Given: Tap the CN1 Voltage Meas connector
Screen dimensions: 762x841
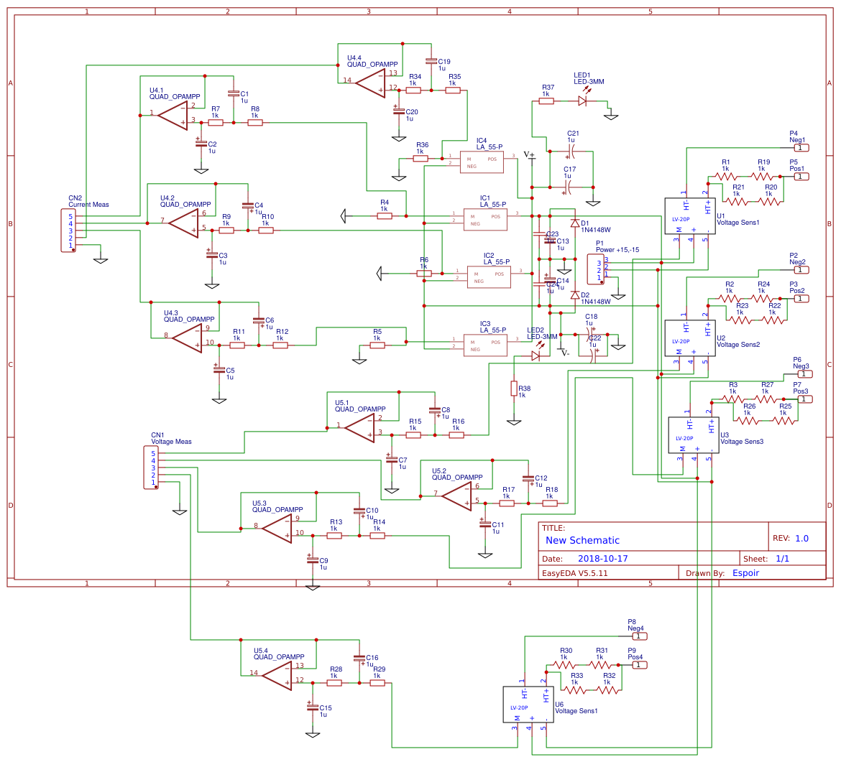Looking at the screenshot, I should [x=152, y=468].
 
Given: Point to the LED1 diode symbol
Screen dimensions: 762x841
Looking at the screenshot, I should [x=582, y=101].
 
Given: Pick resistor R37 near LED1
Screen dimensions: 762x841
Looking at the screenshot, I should [x=546, y=101].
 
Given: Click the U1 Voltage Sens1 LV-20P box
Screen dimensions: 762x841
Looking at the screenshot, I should [x=690, y=215].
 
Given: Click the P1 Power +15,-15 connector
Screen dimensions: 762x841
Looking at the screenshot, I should [x=595, y=269].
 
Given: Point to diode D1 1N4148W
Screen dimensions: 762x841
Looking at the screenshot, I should [x=574, y=223].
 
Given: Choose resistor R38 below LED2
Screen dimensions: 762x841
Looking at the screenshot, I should [x=514, y=389].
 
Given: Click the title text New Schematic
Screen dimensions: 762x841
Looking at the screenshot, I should [x=582, y=540].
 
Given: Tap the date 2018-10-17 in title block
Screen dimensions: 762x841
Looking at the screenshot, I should [x=603, y=558].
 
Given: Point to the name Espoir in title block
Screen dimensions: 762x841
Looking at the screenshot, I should [x=745, y=572].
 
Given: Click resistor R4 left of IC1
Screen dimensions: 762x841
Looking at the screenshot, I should [x=385, y=215].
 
